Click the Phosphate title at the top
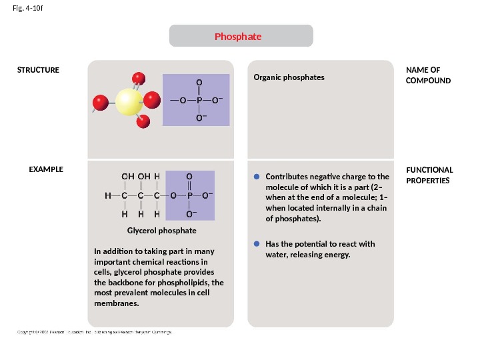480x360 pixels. pos(238,36)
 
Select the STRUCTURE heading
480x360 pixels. pos(38,70)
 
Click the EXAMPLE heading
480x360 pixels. pos(46,169)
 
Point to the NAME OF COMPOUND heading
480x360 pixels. pos(428,75)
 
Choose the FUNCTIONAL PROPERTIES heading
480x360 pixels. pos(429,175)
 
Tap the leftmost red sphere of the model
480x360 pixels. pos(100,103)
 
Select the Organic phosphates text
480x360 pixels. pos(289,77)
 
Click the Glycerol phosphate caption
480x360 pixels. pos(161,231)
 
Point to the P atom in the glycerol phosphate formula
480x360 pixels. pos(189,196)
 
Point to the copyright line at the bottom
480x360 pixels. pos(93,332)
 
